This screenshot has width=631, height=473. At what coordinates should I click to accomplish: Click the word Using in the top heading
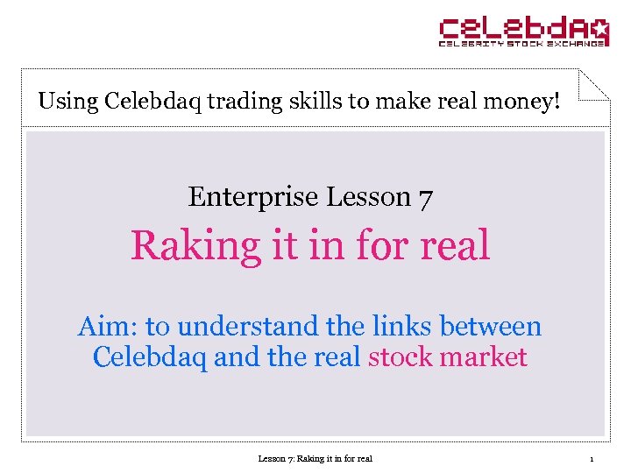click(67, 101)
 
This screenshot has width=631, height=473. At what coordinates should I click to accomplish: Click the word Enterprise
click(253, 197)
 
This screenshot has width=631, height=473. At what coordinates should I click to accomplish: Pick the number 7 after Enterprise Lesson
click(425, 199)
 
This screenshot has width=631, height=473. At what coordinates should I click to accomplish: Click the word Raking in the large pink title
click(195, 246)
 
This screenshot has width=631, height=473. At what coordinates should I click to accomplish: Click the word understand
click(248, 327)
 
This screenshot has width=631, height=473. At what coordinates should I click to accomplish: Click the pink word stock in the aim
click(400, 357)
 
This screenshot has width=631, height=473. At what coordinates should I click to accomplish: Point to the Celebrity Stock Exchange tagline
click(523, 42)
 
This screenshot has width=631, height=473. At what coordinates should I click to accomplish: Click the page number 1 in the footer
click(592, 458)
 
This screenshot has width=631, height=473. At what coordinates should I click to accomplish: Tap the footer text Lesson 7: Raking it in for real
click(315, 458)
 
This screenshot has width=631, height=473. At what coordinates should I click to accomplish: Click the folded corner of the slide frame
click(594, 84)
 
